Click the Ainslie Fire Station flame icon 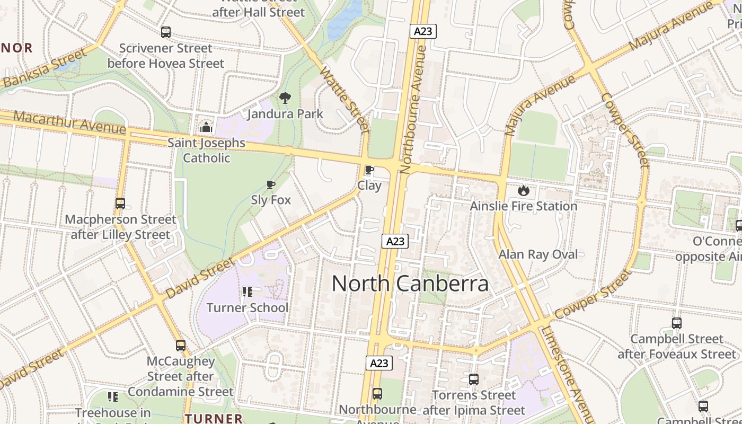[x=524, y=190]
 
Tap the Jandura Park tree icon [x=285, y=98]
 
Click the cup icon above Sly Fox [x=271, y=184]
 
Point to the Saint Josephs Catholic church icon [x=206, y=127]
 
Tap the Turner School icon [x=247, y=292]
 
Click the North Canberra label [x=410, y=284]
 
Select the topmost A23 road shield [x=422, y=31]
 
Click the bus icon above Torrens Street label [x=474, y=379]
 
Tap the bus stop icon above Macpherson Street [x=120, y=204]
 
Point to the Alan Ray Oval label [x=538, y=254]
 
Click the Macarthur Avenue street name [x=69, y=122]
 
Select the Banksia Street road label [x=45, y=68]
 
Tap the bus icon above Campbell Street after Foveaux [x=676, y=323]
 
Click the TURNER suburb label [x=214, y=418]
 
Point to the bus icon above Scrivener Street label [x=166, y=32]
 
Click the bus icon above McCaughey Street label [x=181, y=346]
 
